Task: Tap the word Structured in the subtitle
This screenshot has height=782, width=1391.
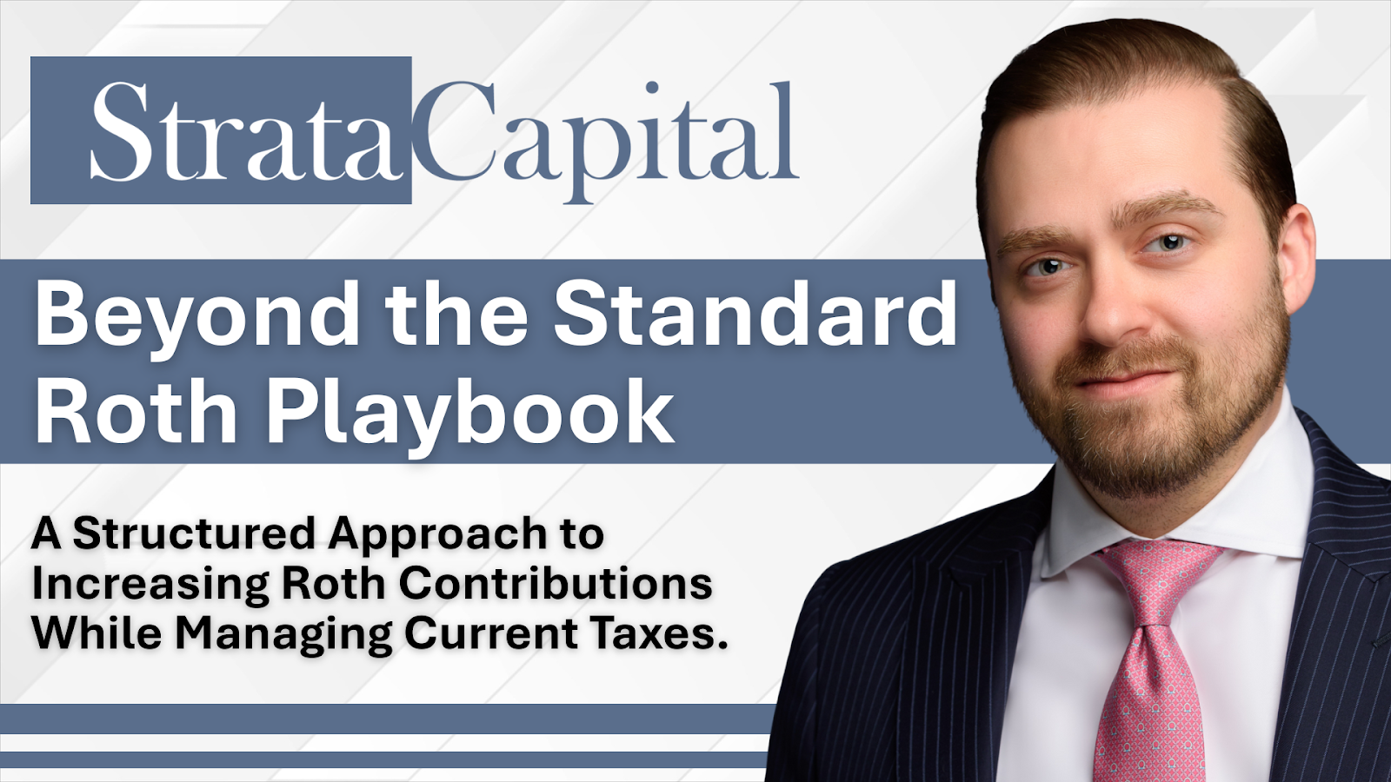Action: [x=193, y=533]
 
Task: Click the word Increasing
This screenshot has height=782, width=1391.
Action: [x=150, y=585]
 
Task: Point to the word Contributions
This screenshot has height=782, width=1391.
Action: [x=556, y=583]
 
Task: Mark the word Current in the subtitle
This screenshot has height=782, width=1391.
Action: [x=491, y=633]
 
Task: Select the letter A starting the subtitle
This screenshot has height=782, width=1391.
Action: [x=46, y=533]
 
